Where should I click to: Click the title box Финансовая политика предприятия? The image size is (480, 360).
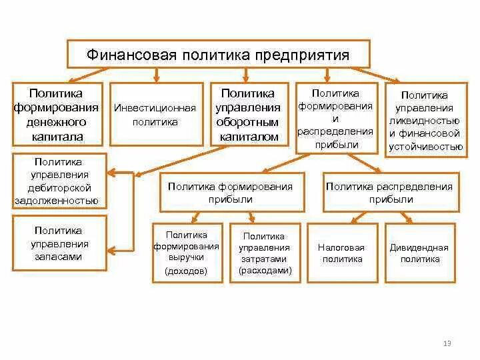click(218, 53)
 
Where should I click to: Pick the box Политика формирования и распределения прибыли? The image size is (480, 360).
click(336, 119)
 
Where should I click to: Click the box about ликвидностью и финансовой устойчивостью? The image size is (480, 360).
click(425, 121)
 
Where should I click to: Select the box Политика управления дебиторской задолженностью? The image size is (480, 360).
click(59, 181)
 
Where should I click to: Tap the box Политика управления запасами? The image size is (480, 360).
click(59, 243)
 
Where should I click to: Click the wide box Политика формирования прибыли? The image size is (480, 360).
click(230, 193)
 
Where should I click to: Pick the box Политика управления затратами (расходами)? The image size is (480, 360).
click(264, 253)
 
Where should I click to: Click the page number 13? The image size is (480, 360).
click(447, 343)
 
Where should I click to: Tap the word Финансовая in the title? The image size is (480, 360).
click(131, 55)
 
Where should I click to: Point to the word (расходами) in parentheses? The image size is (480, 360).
click(264, 271)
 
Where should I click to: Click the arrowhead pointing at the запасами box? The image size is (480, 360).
click(113, 250)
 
